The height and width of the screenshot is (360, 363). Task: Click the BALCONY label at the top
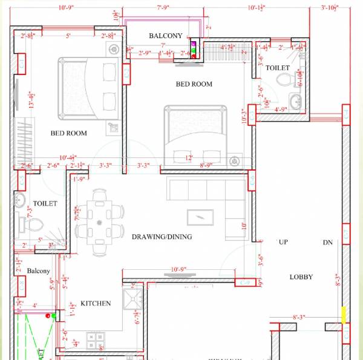[x=165, y=36]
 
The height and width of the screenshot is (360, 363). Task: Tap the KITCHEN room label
[x=96, y=303]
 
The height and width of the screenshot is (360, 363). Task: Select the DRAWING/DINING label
[x=162, y=237]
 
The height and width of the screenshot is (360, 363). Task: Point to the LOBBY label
[x=301, y=277]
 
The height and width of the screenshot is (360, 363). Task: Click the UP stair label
[x=283, y=242]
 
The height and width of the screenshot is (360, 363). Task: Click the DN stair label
[x=327, y=242]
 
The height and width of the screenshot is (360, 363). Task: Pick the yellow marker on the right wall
[x=344, y=315]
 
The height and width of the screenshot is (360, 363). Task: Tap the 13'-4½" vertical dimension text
[x=31, y=99]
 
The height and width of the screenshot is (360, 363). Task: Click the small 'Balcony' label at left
[x=38, y=272]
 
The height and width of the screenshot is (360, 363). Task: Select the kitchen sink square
[x=132, y=299]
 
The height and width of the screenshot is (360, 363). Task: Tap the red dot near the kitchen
[x=54, y=315]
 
